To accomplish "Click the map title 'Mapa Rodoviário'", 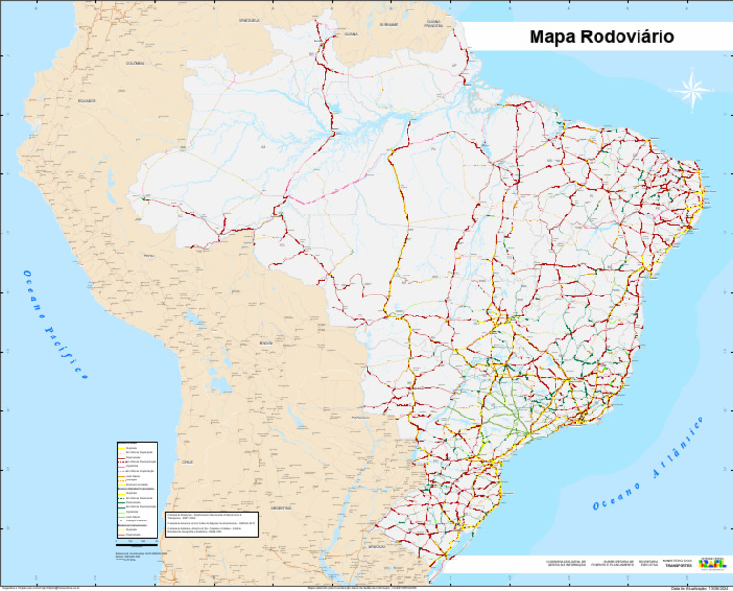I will tap(601, 37).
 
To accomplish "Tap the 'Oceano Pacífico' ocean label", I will tap(55, 324).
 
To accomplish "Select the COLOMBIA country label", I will tap(135, 63).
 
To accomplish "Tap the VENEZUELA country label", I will tap(249, 19).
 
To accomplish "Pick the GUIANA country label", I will tap(350, 33).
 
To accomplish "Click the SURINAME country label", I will tap(388, 24).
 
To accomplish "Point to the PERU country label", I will tap(148, 256).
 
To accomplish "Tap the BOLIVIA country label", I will tap(265, 343).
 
